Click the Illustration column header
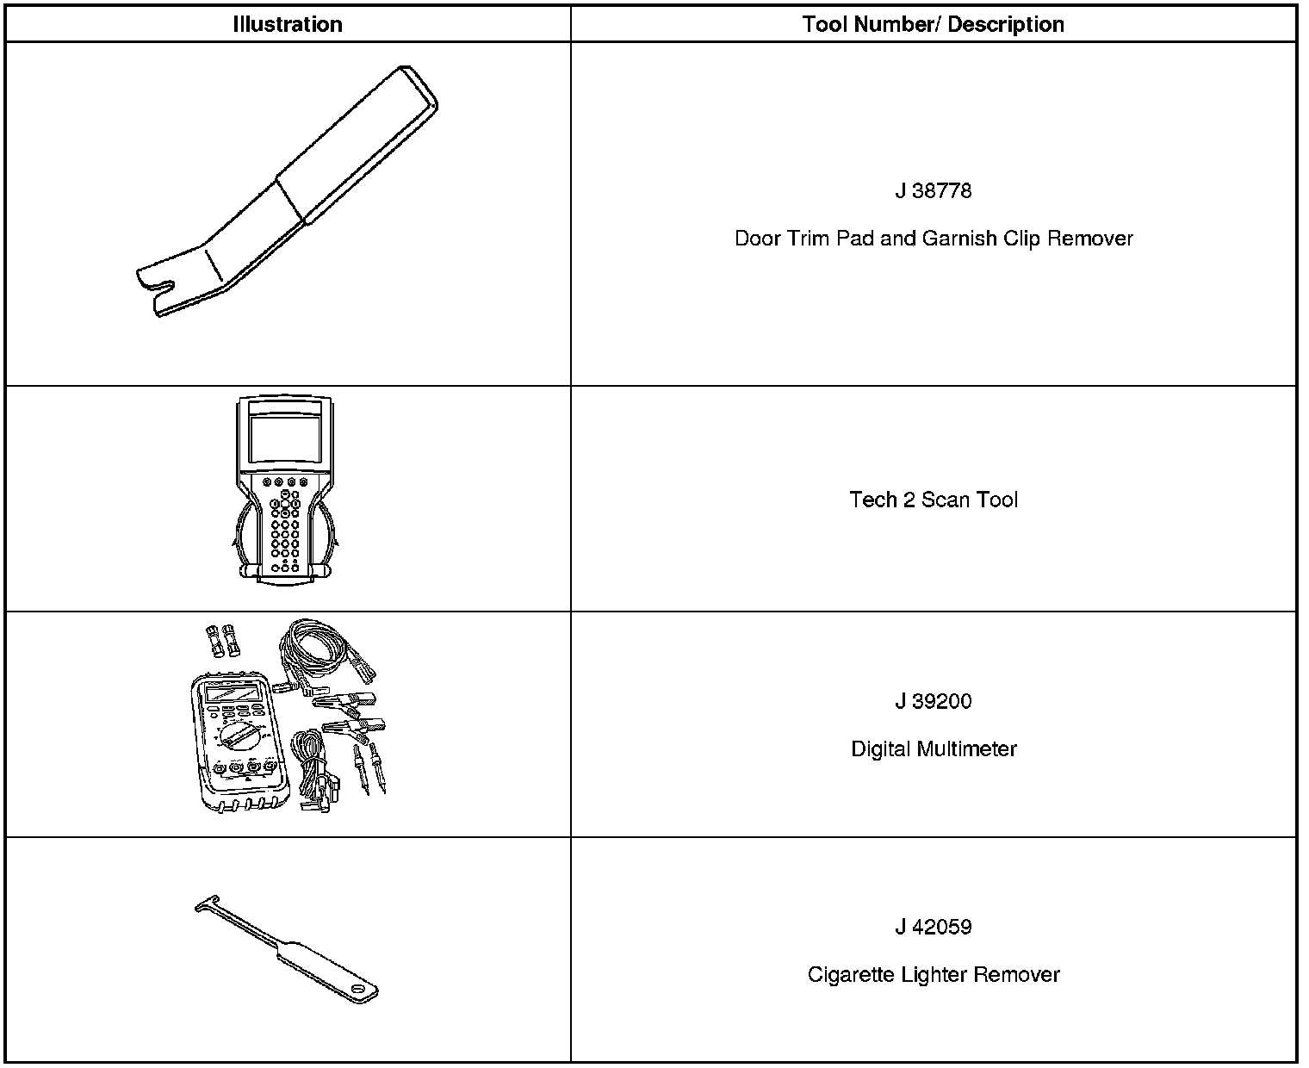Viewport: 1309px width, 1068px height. tap(287, 24)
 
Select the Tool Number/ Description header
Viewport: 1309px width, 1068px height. tap(933, 24)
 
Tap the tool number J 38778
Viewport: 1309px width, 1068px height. tap(933, 190)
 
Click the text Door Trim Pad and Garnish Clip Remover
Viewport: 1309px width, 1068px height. tap(933, 239)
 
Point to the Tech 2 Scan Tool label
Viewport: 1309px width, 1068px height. tap(933, 500)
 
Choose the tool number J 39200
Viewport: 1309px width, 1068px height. tap(933, 701)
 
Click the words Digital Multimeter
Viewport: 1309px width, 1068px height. tap(933, 748)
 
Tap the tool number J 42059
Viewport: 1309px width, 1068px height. tap(933, 927)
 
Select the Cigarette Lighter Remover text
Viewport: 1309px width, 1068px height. tap(933, 974)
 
